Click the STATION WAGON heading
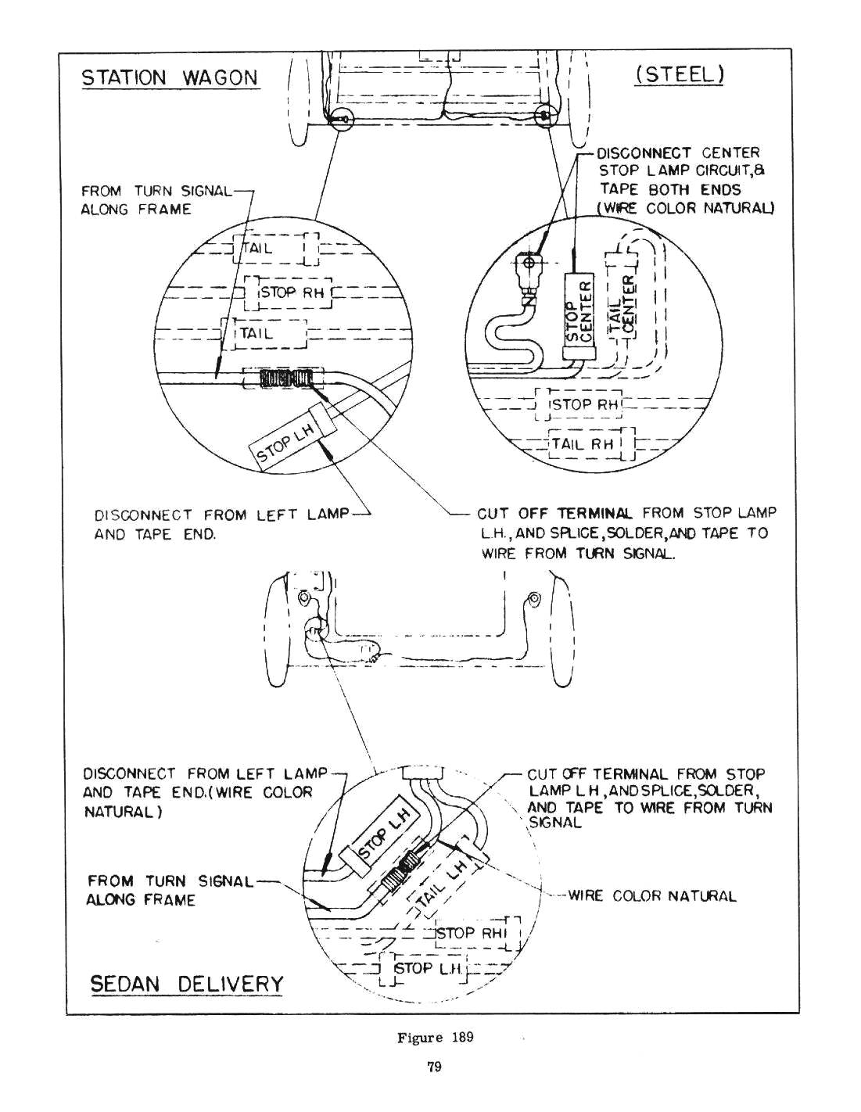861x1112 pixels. [170, 77]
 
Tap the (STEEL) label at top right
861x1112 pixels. [680, 74]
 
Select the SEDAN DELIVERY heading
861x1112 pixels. [187, 983]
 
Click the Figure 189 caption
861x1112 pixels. [435, 1038]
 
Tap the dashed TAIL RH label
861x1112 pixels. [583, 444]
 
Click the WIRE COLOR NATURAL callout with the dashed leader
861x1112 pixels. [652, 896]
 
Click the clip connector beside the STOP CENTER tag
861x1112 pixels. [532, 266]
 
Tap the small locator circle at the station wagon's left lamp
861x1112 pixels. [343, 119]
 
